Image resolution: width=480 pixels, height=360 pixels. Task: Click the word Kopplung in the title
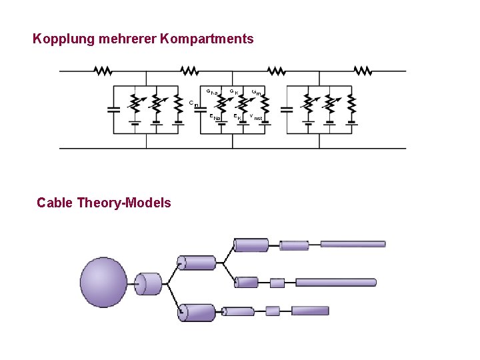point(63,39)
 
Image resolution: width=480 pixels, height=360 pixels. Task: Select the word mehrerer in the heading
point(128,39)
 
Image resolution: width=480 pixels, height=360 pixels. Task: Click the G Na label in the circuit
point(211,92)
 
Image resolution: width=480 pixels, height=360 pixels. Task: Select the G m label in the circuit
point(256,92)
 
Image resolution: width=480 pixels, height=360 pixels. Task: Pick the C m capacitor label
point(193,104)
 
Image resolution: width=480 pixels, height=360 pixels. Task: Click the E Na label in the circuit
point(215,118)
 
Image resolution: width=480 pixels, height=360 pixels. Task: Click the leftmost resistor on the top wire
point(104,71)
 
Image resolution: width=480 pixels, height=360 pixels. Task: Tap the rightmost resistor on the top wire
point(363,71)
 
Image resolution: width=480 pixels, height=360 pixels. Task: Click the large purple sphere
point(103,283)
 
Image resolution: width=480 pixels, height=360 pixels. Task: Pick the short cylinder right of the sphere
point(150,283)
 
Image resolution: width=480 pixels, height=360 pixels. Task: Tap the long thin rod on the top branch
point(353,244)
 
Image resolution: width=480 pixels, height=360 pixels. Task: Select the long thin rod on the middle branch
point(336,283)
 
